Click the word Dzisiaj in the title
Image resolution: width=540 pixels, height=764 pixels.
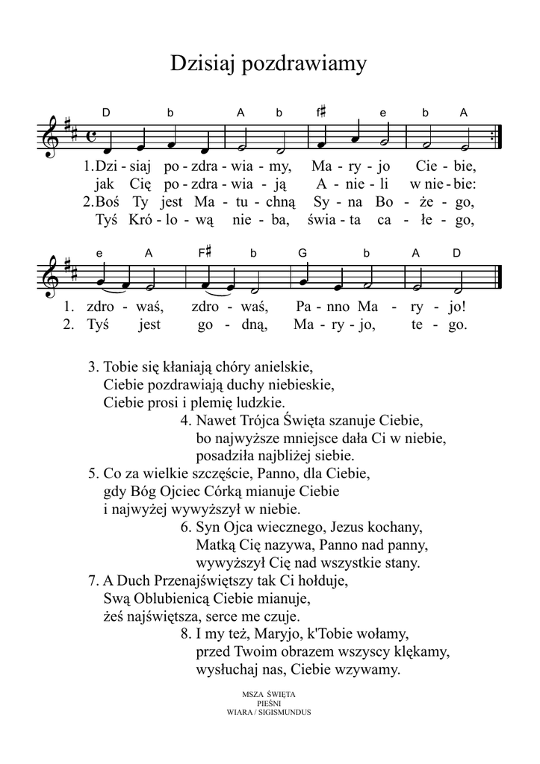[x=201, y=64]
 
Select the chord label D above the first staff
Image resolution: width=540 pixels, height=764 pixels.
[x=106, y=113]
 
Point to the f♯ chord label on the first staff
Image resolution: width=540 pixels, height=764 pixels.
[x=321, y=113]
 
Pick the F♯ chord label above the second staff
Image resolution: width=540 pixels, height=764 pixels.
[x=205, y=253]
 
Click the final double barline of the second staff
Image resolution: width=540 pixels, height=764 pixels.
[x=499, y=275]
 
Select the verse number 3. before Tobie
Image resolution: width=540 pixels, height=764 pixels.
[x=93, y=368]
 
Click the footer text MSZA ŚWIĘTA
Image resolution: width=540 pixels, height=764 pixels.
[x=269, y=695]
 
